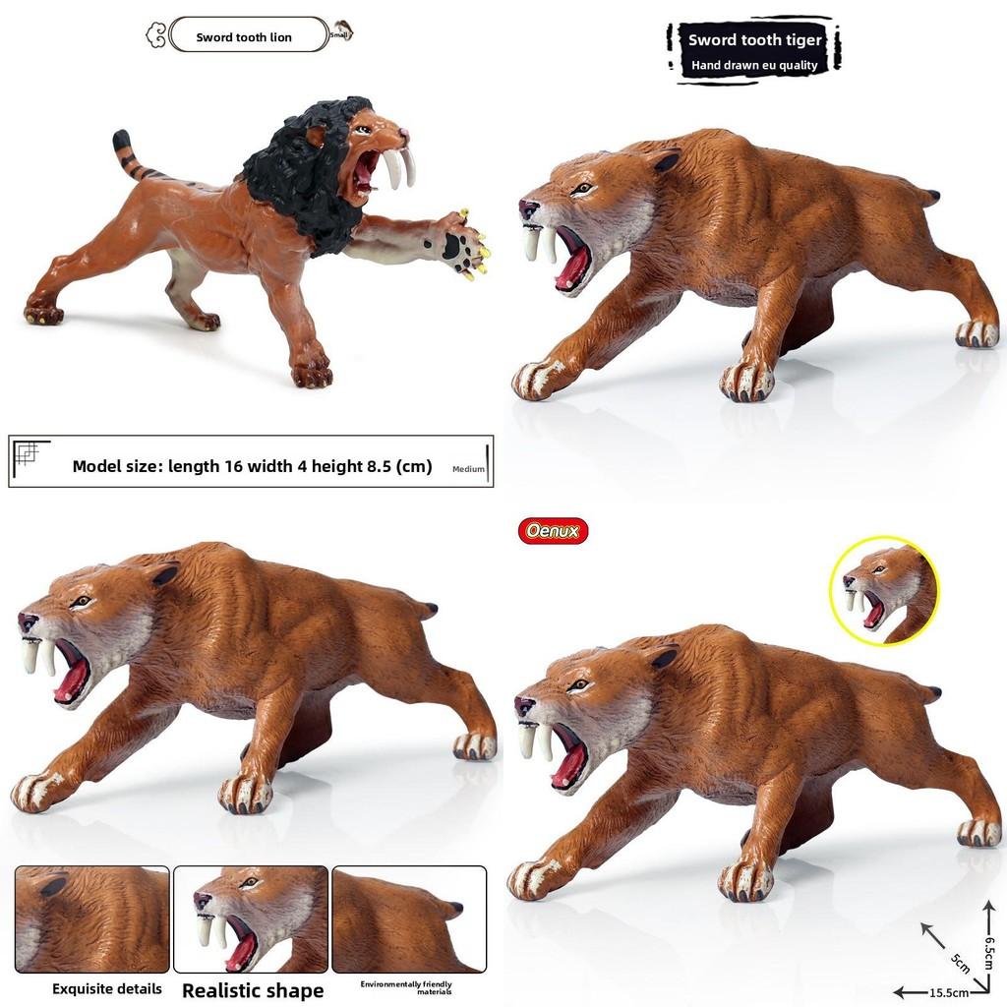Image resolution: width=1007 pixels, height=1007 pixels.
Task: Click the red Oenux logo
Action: [553, 532]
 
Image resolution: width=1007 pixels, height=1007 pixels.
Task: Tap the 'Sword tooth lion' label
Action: [244, 37]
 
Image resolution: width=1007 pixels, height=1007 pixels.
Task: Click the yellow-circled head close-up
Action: [884, 591]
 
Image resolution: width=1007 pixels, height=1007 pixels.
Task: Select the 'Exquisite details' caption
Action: [107, 988]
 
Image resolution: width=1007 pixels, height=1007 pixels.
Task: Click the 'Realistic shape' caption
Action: [253, 990]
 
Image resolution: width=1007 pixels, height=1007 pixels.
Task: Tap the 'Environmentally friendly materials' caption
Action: [406, 987]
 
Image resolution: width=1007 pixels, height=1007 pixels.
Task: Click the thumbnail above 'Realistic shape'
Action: [250, 918]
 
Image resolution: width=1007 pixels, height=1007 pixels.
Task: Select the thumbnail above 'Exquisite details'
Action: [92, 918]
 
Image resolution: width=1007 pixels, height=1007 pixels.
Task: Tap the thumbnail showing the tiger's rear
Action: [408, 918]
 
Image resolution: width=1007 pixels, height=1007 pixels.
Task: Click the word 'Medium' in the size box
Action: [469, 469]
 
